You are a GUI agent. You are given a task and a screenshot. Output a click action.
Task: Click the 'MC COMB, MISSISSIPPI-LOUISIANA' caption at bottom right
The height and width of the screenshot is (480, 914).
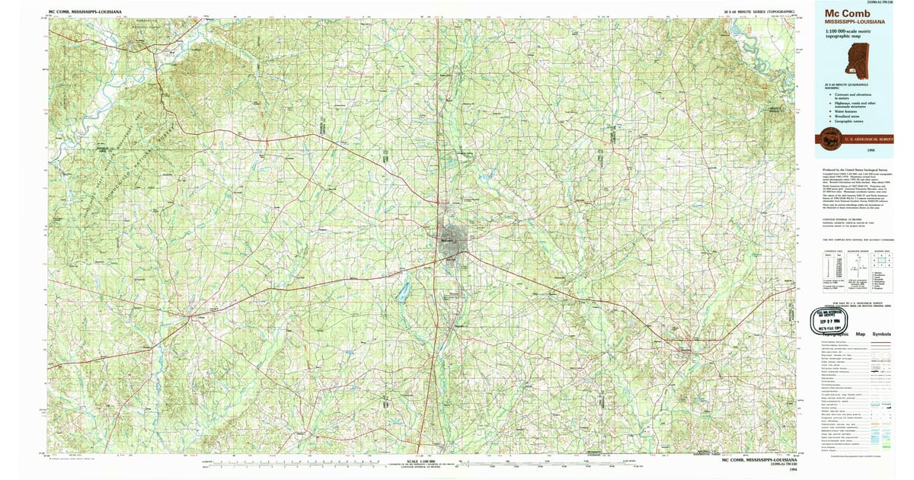pos(759,461)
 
